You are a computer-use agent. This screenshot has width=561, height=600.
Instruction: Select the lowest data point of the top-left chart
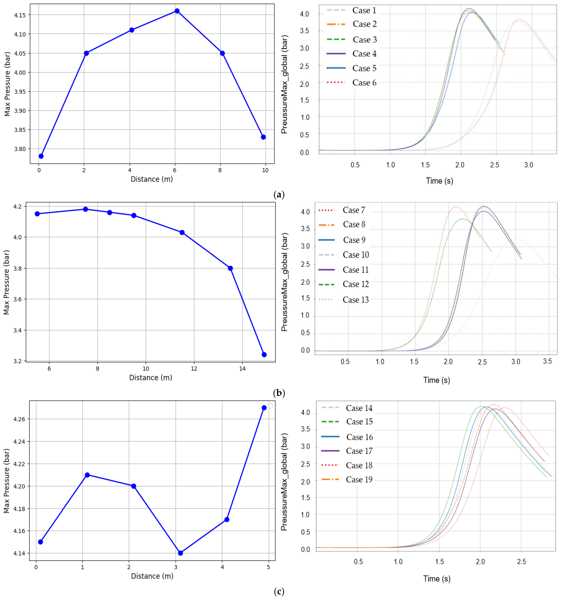[x=41, y=156]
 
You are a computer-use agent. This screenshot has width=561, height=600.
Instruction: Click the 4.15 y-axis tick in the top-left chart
[x=20, y=15]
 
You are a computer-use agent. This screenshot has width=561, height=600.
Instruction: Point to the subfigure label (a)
[x=279, y=195]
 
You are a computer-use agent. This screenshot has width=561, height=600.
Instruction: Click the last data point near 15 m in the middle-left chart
[x=264, y=355]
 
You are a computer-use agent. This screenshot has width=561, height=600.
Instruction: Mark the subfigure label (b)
[x=279, y=393]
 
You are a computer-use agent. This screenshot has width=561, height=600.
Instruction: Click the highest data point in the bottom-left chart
[x=264, y=408]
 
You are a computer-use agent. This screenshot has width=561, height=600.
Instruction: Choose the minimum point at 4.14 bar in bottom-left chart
[x=180, y=553]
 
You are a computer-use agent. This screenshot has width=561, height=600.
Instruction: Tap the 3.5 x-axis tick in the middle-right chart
[x=547, y=361]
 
